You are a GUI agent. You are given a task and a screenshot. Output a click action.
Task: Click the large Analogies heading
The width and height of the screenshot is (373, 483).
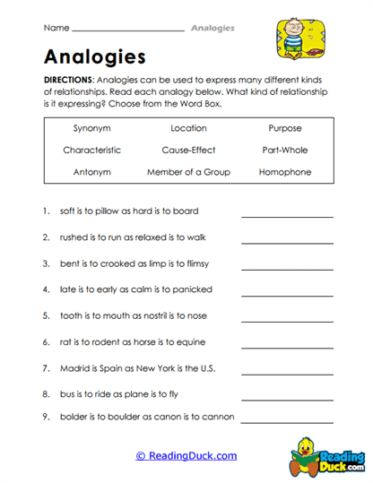point(94,57)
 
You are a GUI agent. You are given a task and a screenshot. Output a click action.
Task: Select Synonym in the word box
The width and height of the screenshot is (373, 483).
point(91,128)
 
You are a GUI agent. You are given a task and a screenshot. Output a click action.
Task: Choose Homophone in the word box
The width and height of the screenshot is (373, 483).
point(284,171)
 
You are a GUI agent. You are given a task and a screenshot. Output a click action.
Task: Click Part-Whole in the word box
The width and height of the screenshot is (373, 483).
point(284,150)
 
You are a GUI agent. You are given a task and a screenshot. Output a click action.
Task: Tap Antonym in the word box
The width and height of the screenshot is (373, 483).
point(91,171)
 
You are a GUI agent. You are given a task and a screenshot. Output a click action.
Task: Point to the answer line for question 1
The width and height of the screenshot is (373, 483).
point(287,215)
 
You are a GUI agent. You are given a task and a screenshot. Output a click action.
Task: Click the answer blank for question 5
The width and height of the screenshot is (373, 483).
point(287,320)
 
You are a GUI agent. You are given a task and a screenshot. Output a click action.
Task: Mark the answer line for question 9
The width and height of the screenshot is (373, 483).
point(287,420)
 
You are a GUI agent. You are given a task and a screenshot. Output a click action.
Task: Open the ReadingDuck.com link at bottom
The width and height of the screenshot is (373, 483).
point(186,455)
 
